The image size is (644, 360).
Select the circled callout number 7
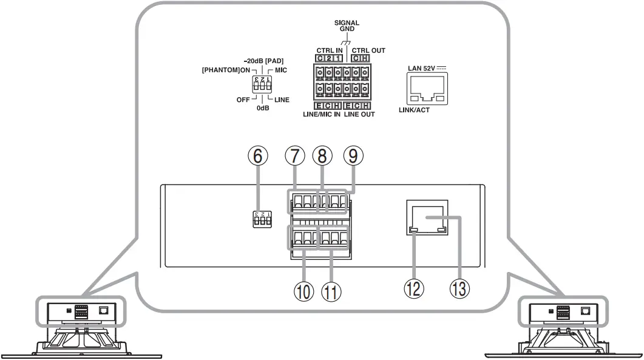tap(294, 157)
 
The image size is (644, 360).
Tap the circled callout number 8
tap(323, 157)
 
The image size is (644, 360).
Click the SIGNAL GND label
tap(347, 25)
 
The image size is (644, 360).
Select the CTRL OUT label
tap(369, 50)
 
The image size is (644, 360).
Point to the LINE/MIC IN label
tap(322, 114)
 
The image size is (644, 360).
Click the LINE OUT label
tap(359, 114)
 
